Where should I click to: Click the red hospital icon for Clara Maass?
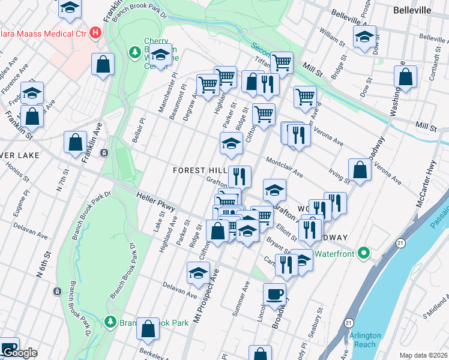click(x=95, y=32)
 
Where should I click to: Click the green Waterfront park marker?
click(x=363, y=254)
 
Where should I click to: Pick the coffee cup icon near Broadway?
click(x=275, y=294)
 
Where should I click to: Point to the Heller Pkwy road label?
click(x=155, y=202)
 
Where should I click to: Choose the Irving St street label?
click(x=339, y=176)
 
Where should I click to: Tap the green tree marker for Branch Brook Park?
click(x=110, y=322)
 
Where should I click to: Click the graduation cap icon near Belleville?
click(x=364, y=37)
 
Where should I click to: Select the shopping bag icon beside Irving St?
click(x=359, y=170)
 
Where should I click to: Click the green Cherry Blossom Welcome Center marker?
click(x=134, y=53)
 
